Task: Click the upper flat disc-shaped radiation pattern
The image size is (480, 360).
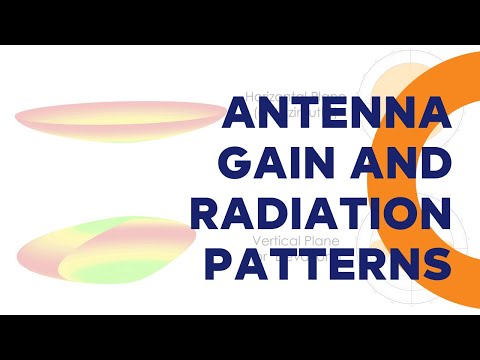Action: (x=120, y=120)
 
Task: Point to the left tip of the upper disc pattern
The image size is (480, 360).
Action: (x=20, y=113)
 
